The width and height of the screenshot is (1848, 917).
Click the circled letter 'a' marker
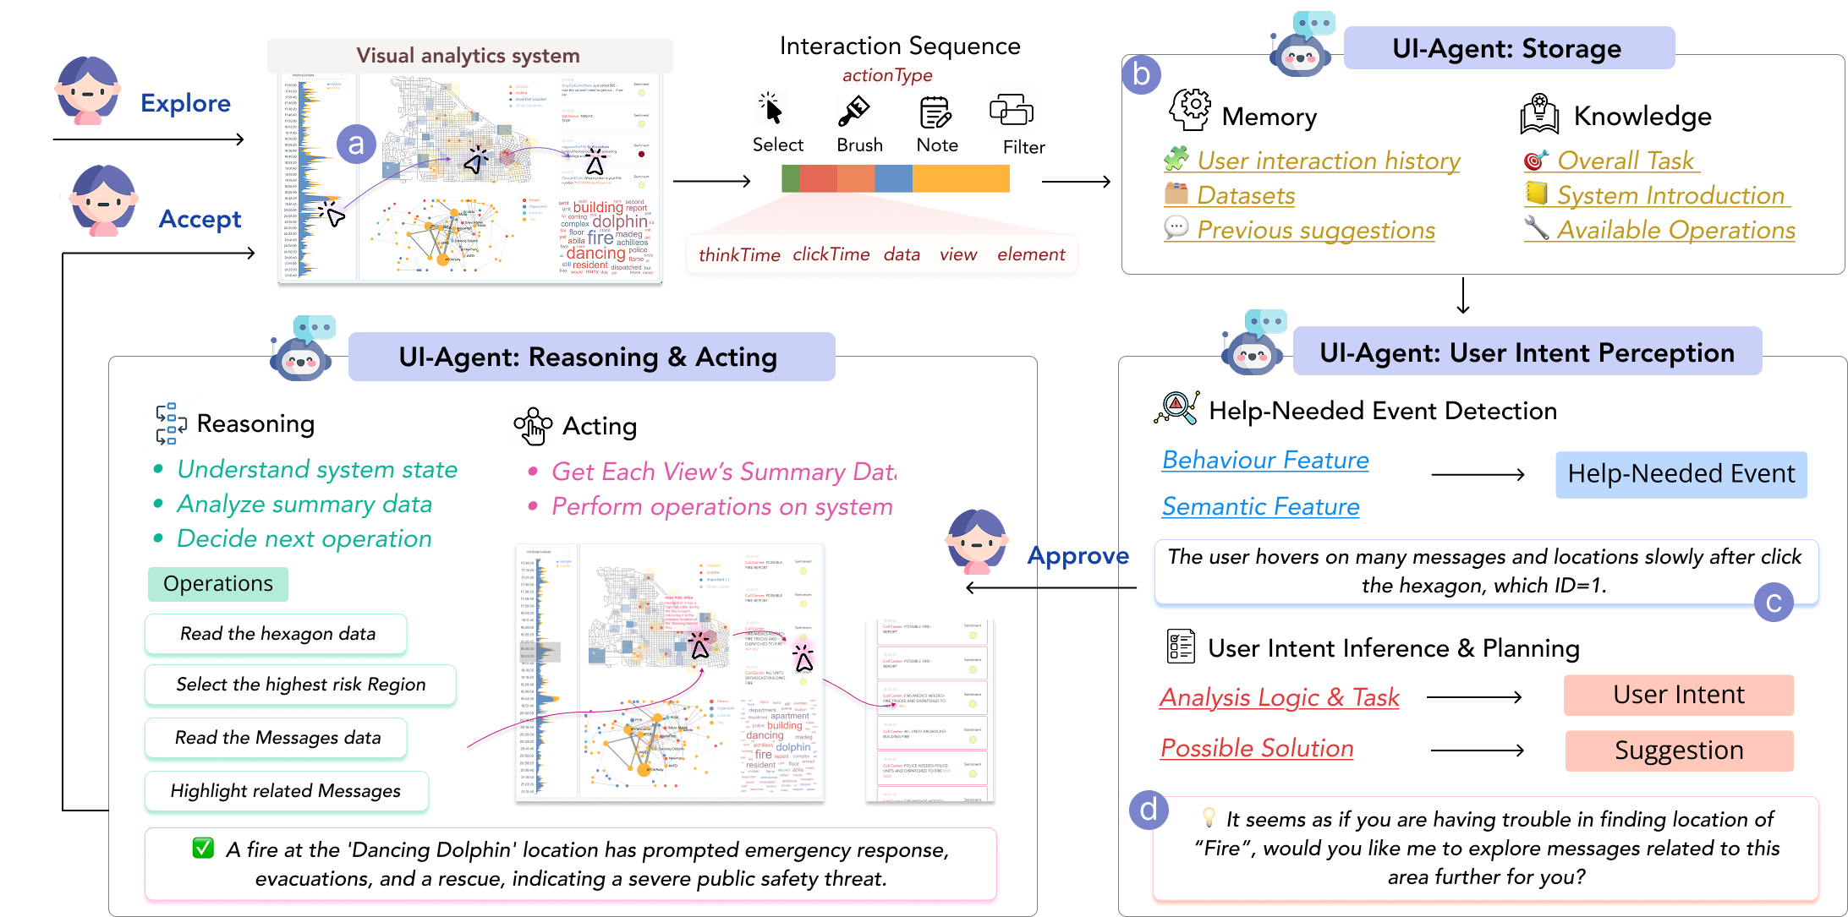(x=356, y=145)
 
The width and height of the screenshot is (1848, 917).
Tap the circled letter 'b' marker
(x=1141, y=74)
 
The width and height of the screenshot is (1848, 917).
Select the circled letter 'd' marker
(x=1149, y=811)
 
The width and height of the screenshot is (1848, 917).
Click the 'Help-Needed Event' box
(x=1681, y=474)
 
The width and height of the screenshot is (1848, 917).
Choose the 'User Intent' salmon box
(x=1678, y=695)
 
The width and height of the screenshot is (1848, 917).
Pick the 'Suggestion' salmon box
(x=1678, y=751)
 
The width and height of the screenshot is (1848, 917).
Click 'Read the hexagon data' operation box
(x=277, y=635)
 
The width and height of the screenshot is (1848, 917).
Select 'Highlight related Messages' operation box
(x=286, y=791)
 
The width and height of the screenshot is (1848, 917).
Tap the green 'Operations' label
(x=218, y=584)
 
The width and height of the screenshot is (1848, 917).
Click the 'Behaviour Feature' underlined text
(x=1265, y=461)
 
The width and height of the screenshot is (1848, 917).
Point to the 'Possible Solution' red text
(x=1257, y=749)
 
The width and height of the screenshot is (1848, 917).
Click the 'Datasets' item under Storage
(x=1246, y=196)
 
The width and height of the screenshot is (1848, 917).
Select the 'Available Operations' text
(x=1675, y=231)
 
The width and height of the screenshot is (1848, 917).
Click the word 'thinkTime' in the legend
(x=739, y=255)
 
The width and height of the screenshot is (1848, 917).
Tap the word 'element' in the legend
(x=1031, y=255)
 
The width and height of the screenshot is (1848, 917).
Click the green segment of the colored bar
(x=790, y=178)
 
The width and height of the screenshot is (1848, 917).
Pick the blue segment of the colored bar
(x=893, y=178)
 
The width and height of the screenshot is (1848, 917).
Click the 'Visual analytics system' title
(x=469, y=56)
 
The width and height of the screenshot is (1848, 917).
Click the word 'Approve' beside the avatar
(x=1078, y=556)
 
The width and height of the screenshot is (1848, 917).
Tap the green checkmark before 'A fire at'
(x=203, y=848)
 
